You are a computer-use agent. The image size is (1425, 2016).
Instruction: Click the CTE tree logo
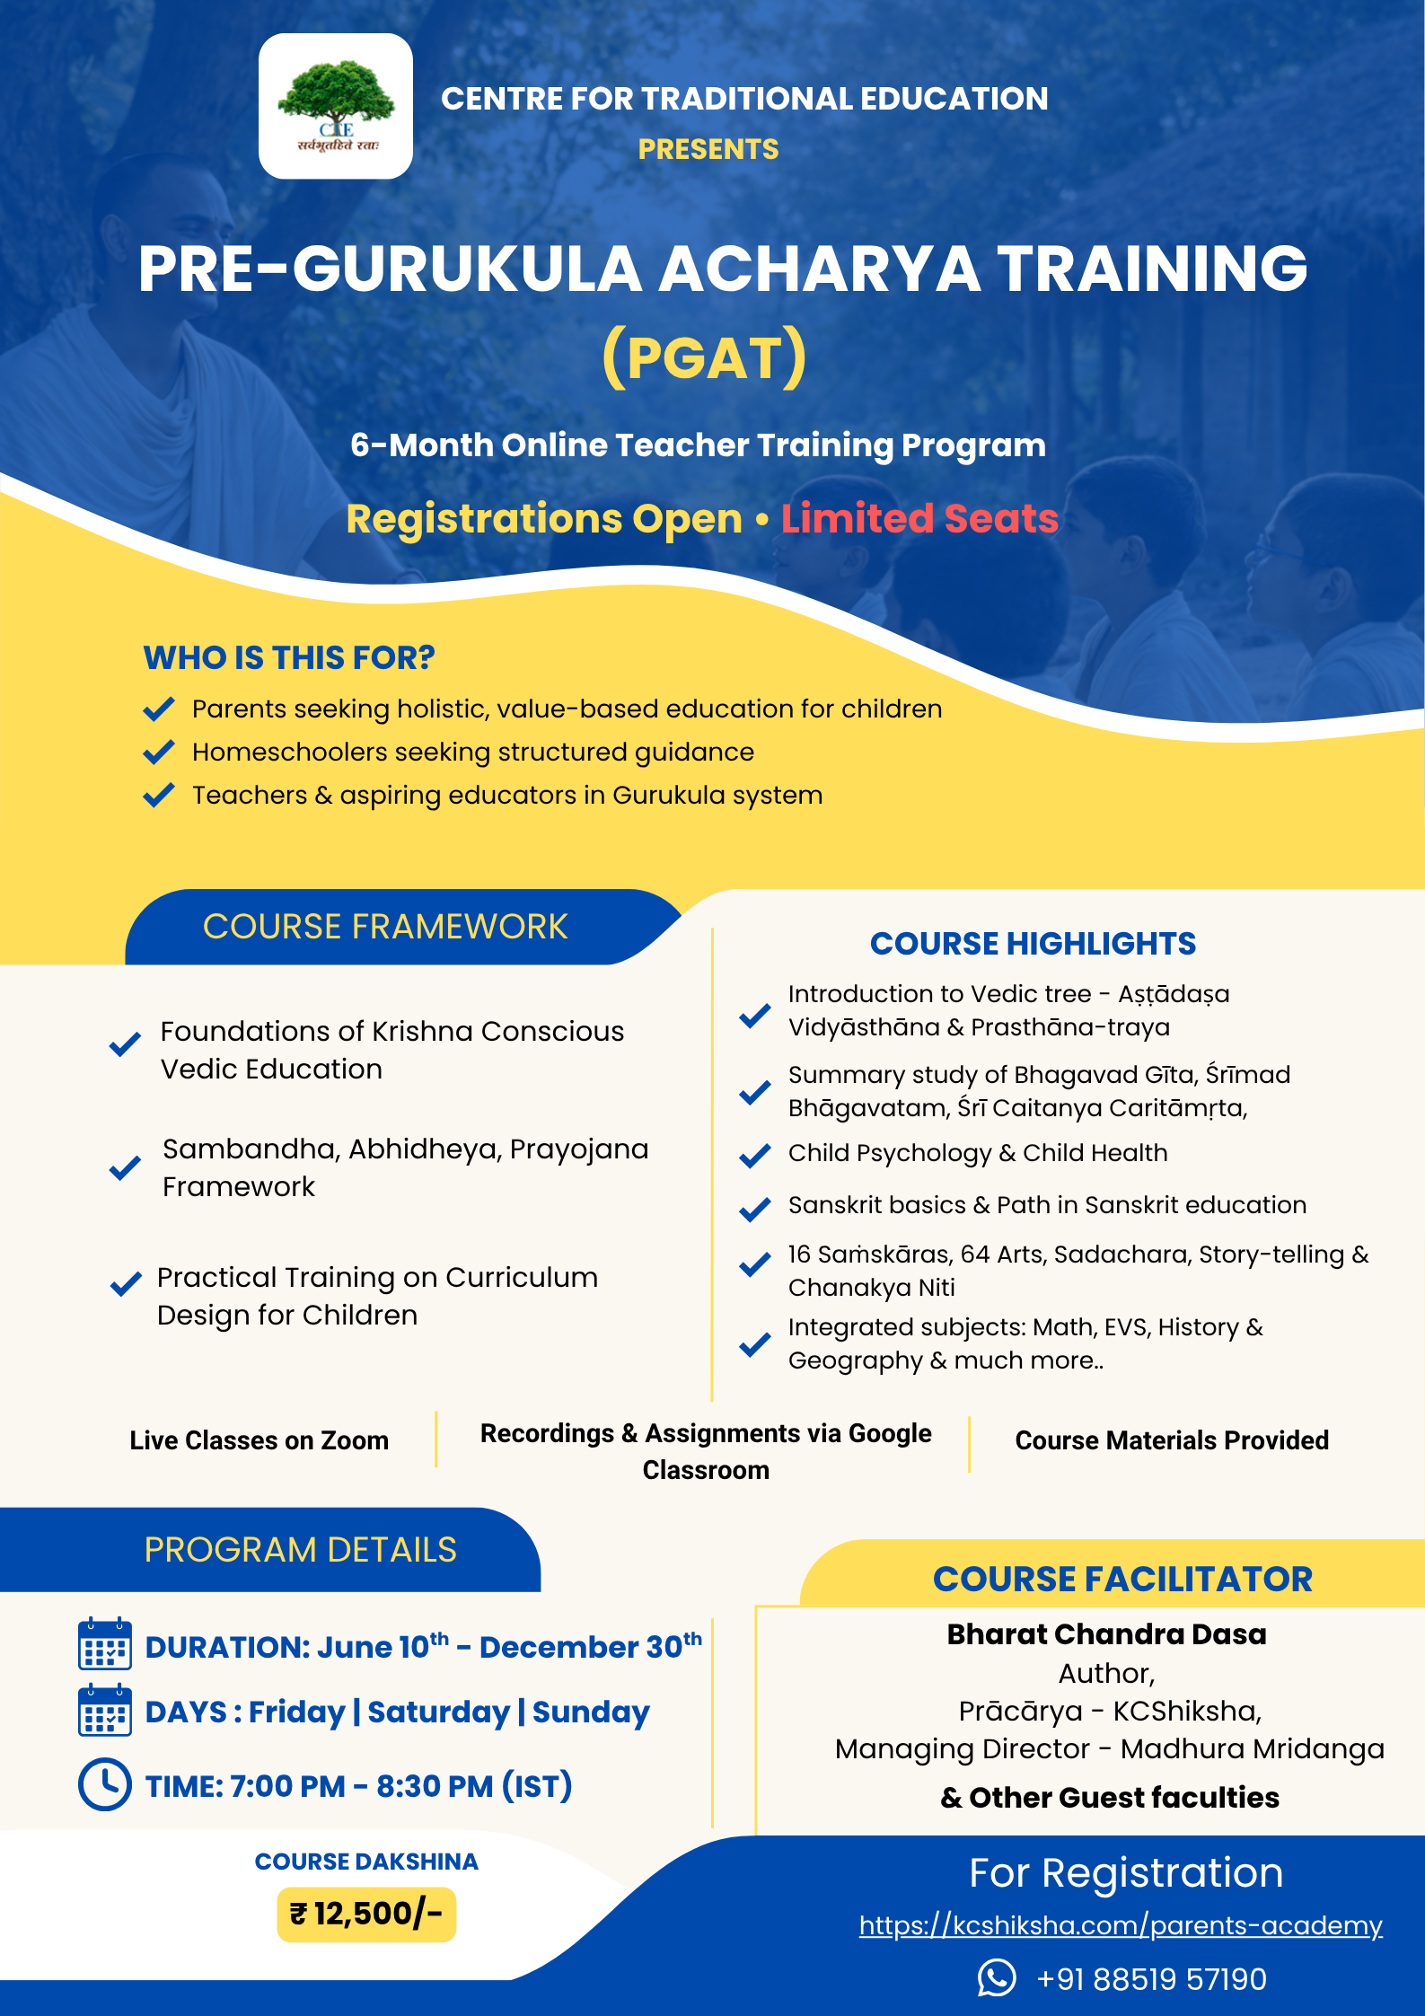pos(336,106)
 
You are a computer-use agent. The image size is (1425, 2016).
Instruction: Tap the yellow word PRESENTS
pos(708,149)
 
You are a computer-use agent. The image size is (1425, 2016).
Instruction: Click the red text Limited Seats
pos(919,519)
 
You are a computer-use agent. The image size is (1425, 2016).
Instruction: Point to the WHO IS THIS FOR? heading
pos(289,658)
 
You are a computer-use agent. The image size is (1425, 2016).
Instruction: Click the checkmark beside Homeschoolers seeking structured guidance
pos(159,752)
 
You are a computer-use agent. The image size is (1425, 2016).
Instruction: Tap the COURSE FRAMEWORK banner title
pos(385,927)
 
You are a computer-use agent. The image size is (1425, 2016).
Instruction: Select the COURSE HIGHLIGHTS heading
pos(1033,944)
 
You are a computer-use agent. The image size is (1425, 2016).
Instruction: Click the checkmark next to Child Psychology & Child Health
pos(754,1155)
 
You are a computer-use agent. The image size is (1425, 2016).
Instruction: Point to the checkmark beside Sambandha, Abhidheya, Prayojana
pos(125,1168)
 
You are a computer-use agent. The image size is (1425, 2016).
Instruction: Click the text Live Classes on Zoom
pos(259,1440)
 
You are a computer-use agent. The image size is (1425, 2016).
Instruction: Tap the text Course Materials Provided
pos(1172,1440)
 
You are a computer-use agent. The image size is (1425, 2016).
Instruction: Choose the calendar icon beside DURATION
pos(105,1644)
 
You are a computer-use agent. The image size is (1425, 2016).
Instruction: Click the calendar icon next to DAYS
pos(105,1711)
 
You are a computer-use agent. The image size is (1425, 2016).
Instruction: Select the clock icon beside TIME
pos(105,1784)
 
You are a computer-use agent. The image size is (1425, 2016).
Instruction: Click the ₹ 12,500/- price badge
pos(366,1915)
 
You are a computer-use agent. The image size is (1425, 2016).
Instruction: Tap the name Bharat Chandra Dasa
pos(1106,1634)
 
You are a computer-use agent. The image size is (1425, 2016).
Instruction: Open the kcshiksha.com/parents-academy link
pos(1121,1925)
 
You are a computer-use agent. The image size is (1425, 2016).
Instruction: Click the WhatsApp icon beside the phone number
pos(997,1978)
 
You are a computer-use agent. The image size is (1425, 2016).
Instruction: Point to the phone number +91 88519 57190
pos(1151,1979)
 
